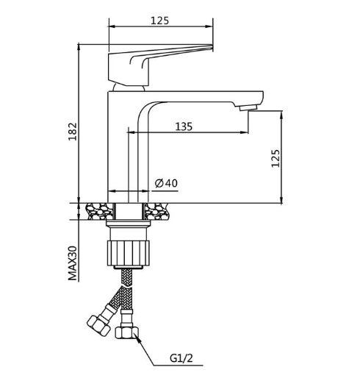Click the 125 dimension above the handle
(x=159, y=21)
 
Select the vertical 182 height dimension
(x=73, y=132)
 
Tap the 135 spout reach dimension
(x=184, y=126)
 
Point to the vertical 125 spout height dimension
(x=276, y=158)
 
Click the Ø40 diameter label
(x=166, y=183)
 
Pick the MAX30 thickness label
(x=73, y=263)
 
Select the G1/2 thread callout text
(x=181, y=358)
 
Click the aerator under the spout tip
(x=248, y=108)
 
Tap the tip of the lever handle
(x=212, y=46)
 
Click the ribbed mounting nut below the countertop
(x=128, y=253)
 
